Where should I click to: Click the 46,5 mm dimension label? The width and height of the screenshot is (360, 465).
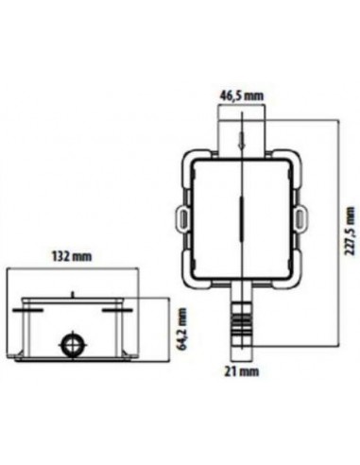click(x=240, y=95)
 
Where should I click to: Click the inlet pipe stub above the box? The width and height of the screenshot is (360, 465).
click(x=241, y=132)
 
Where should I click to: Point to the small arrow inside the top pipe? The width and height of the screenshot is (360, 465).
click(x=241, y=142)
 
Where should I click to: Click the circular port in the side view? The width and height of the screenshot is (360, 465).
click(x=69, y=344)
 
